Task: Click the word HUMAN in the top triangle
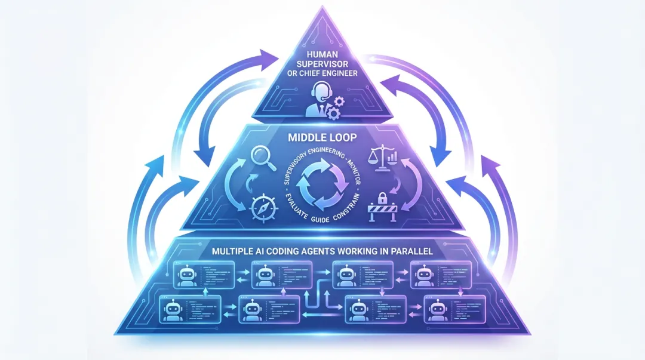click(322, 58)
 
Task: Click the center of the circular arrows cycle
click(322, 183)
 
